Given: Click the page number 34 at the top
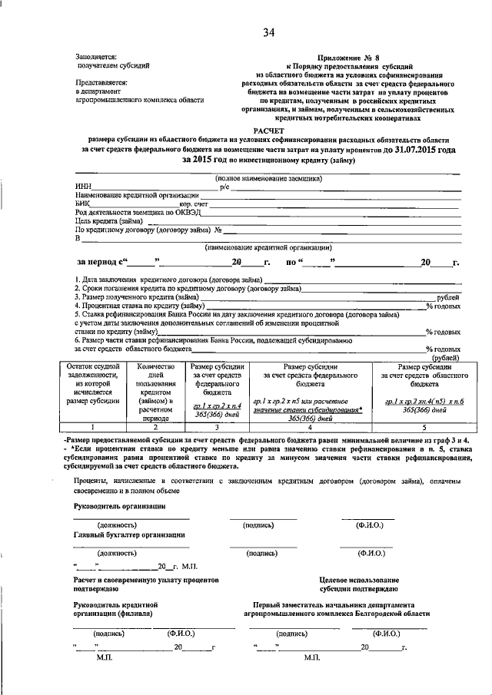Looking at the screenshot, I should (268, 31).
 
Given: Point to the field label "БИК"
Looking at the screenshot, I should (83, 204).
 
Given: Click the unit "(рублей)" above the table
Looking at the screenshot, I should (445, 357).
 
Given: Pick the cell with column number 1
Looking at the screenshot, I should (93, 427).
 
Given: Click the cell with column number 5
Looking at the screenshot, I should (421, 427).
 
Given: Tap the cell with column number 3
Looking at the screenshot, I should (218, 427).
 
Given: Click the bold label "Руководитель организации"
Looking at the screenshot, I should (118, 506).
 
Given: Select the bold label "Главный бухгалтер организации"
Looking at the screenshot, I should (129, 534).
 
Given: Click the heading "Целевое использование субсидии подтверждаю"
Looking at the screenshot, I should (359, 584).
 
